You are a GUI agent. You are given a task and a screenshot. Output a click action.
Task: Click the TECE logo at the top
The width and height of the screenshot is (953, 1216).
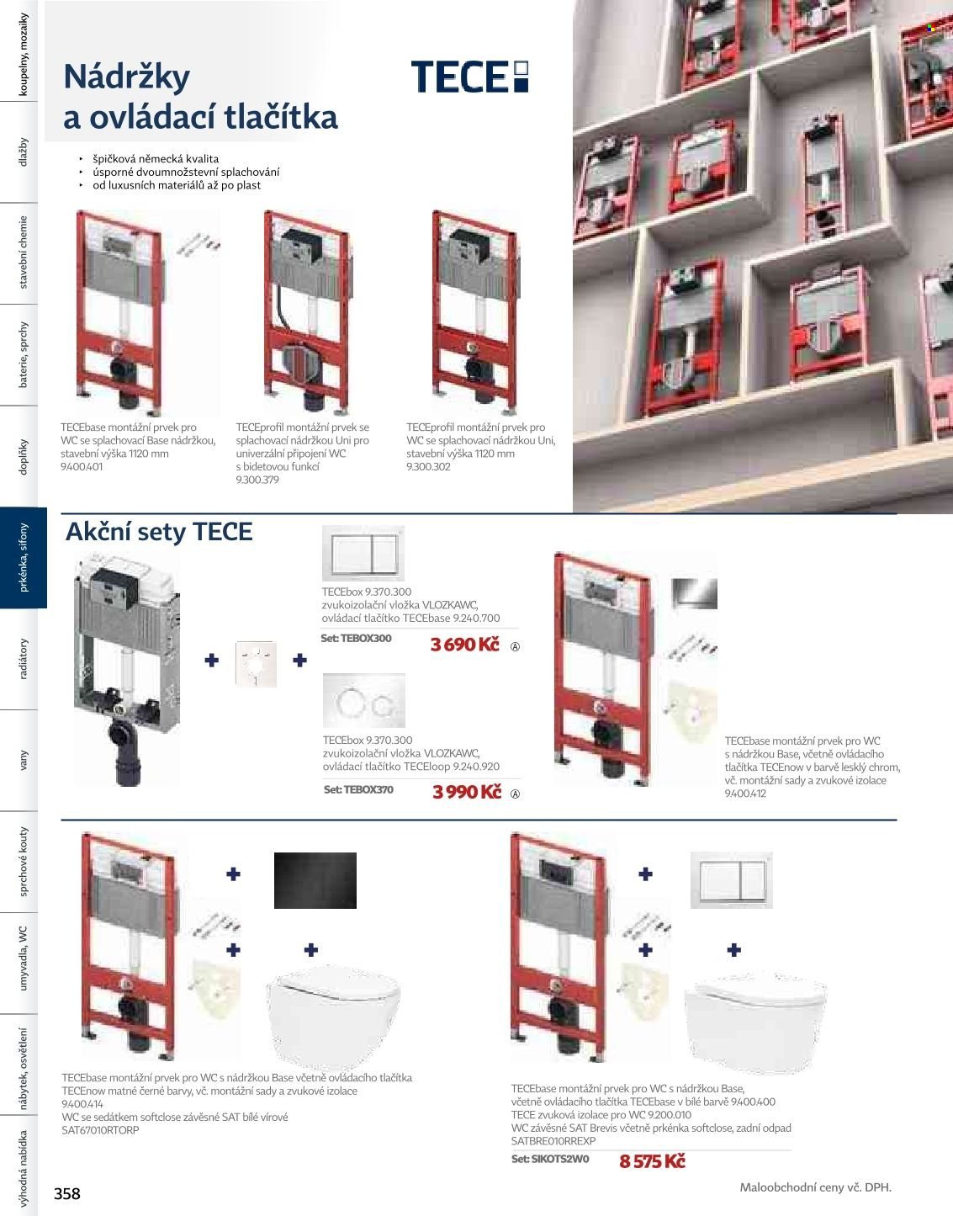[469, 76]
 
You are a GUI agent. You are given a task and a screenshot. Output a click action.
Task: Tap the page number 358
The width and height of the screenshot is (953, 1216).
[67, 1193]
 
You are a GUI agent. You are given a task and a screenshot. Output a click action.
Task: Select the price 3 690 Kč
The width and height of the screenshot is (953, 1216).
[464, 645]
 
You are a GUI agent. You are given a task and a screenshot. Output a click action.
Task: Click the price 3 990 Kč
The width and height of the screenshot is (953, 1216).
[467, 792]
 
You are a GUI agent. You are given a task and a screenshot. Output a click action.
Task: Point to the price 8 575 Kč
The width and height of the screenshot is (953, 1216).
[652, 1161]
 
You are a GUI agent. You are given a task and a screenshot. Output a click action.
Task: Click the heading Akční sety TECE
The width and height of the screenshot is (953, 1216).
[159, 532]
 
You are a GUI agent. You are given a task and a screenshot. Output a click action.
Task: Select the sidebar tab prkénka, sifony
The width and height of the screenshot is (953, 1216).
[24, 558]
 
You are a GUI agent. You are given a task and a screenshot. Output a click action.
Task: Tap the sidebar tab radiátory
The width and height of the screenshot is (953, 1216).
[24, 659]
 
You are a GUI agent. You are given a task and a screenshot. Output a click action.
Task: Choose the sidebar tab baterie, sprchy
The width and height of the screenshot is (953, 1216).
[24, 355]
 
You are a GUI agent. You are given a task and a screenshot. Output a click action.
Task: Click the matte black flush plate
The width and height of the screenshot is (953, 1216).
[315, 880]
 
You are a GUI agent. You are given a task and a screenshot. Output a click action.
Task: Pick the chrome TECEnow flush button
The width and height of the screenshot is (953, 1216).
[694, 593]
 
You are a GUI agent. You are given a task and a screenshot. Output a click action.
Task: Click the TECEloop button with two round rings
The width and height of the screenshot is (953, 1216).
[364, 701]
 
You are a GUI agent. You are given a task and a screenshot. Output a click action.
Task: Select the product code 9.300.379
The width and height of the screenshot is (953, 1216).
[257, 480]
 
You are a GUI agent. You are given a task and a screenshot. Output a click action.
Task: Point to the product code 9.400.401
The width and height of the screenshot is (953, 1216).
[82, 467]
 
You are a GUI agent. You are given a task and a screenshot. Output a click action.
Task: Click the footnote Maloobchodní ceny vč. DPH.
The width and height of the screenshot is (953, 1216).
[815, 1187]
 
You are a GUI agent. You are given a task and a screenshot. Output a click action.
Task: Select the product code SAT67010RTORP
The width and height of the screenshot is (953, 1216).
[100, 1130]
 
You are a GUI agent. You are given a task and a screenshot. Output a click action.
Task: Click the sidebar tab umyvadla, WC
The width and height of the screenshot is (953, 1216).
[24, 963]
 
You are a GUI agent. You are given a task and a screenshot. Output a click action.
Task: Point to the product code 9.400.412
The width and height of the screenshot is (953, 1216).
[745, 794]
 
